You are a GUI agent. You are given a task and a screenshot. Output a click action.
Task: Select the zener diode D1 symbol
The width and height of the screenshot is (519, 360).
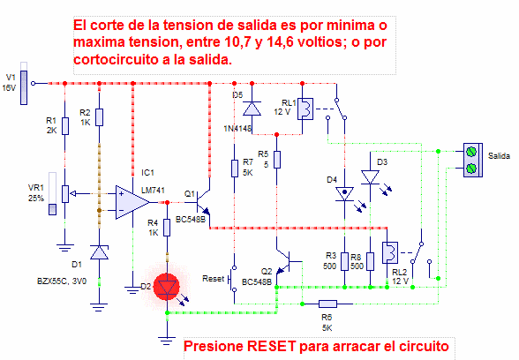pyautogui.click(x=99, y=251)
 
